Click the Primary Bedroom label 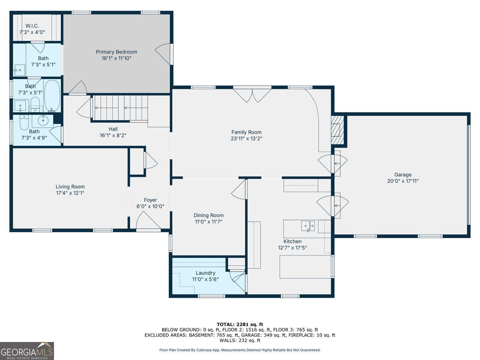[116, 52]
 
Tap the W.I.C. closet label [32, 26]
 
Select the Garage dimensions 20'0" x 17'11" [403, 181]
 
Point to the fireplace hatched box [337, 130]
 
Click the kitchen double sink [308, 226]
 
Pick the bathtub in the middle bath [52, 96]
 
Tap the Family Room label [246, 132]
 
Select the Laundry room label [205, 273]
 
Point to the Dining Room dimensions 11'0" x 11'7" [208, 222]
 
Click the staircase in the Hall [120, 108]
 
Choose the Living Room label [70, 187]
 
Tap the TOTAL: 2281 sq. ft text [240, 324]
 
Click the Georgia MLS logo [27, 351]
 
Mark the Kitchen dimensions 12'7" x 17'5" [292, 247]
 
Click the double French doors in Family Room [252, 95]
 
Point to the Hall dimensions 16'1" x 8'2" [113, 135]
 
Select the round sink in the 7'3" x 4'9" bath [43, 120]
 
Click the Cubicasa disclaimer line [240, 350]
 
